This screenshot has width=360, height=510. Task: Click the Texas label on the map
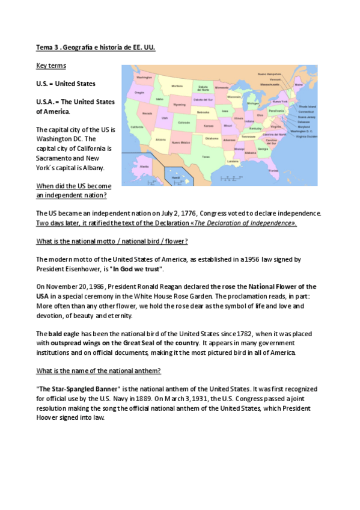click(206, 157)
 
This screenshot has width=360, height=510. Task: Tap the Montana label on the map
click(177, 86)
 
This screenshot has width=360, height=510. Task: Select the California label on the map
click(136, 127)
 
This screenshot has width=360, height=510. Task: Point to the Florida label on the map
click(273, 171)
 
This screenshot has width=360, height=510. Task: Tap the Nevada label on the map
click(147, 113)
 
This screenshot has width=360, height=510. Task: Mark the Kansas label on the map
click(209, 126)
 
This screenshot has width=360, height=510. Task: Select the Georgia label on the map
click(263, 149)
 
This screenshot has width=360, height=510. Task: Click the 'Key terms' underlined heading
click(52, 65)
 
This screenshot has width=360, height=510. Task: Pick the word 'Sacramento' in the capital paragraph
click(58, 158)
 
